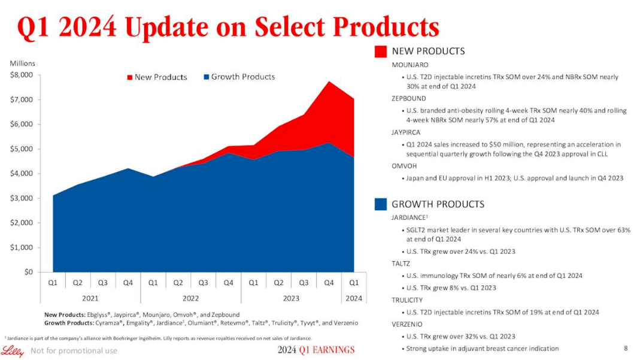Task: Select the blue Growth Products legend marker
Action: [207, 77]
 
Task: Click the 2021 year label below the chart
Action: [90, 297]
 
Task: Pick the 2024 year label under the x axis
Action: [353, 297]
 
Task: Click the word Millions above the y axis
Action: [22, 63]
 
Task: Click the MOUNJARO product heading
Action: [410, 65]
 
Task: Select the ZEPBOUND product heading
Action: [409, 98]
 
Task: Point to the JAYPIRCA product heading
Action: [408, 132]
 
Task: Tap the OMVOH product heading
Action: [404, 165]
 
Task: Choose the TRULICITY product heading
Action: [407, 300]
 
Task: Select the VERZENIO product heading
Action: [407, 324]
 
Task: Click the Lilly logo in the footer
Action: [12, 350]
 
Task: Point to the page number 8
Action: [626, 348]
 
